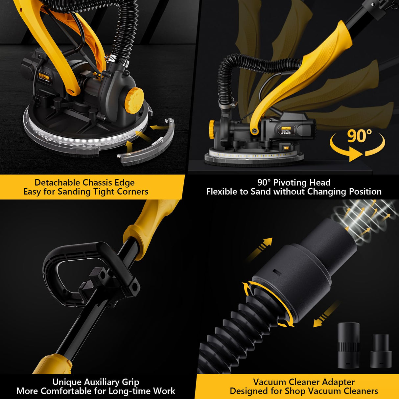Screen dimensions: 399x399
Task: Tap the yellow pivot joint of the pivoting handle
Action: (x=254, y=131)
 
